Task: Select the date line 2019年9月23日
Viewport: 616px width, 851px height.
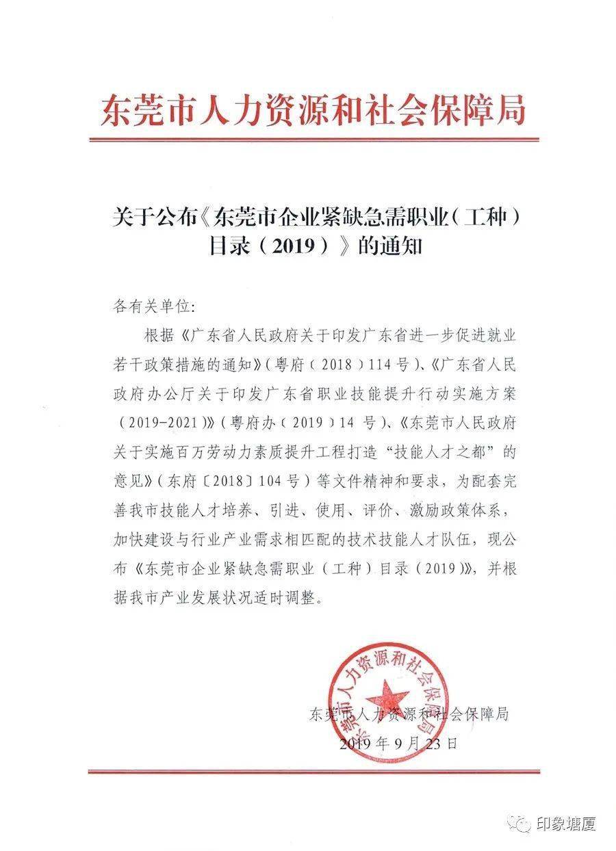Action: coord(396,743)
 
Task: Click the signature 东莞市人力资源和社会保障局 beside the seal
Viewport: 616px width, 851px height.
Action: coord(409,715)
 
